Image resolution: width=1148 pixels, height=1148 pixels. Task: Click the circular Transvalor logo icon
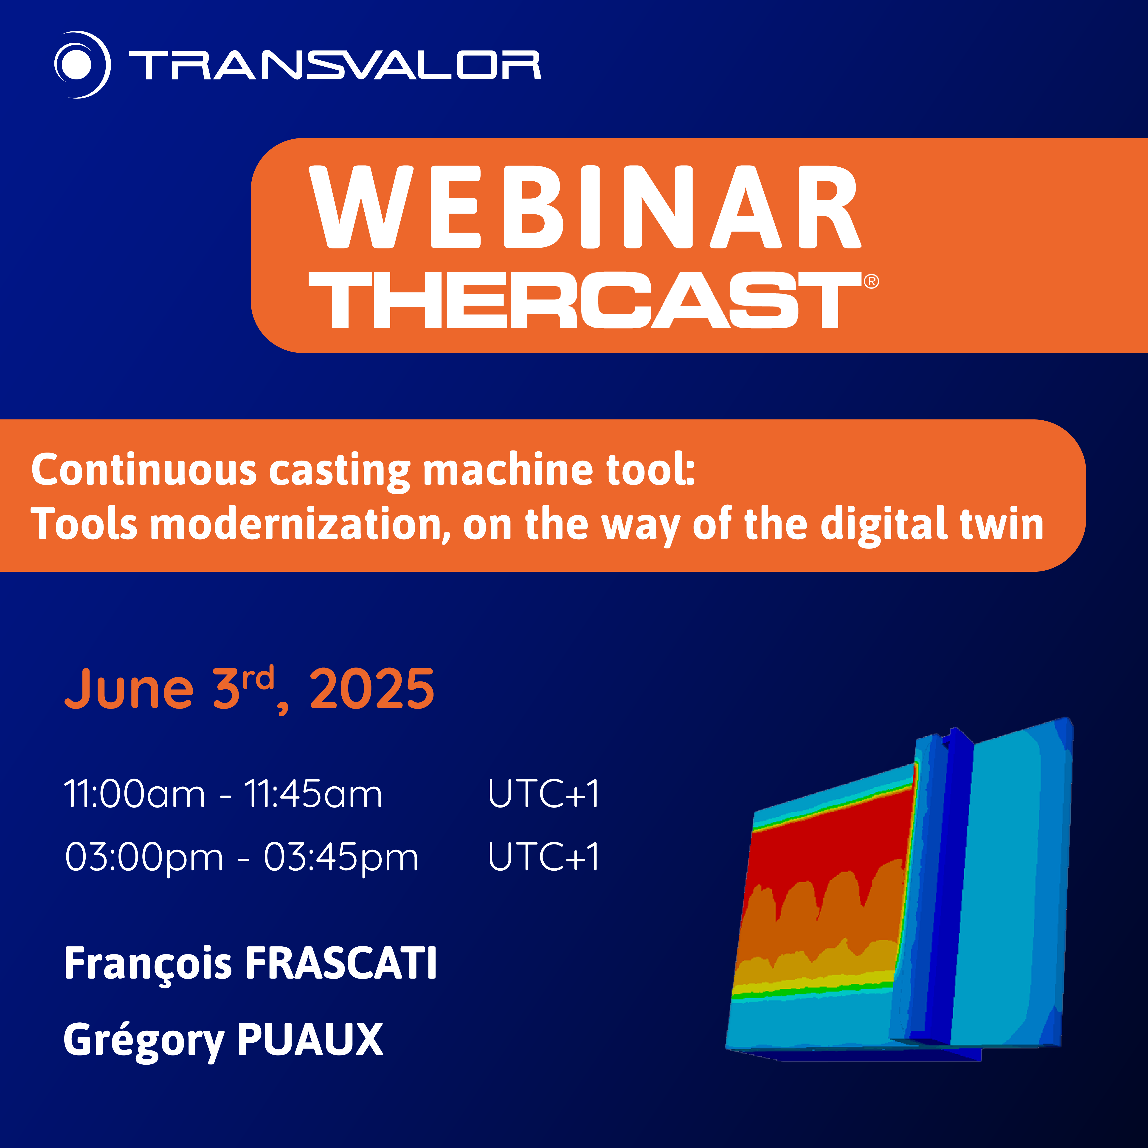(82, 64)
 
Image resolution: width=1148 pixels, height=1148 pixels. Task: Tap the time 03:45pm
(341, 857)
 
